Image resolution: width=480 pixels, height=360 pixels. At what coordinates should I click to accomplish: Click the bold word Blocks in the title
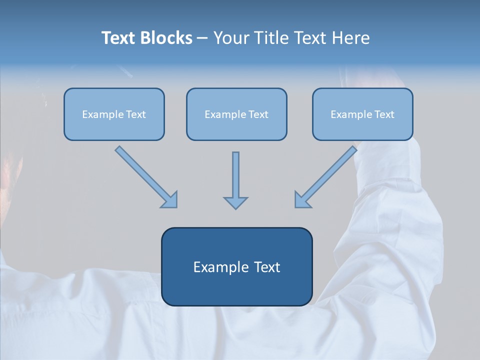pyautogui.click(x=166, y=38)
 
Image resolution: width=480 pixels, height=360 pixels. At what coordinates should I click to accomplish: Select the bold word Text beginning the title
pyautogui.click(x=119, y=38)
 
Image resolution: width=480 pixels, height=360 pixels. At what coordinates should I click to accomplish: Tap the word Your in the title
pyautogui.click(x=230, y=38)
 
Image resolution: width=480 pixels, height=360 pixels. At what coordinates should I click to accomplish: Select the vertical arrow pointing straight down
pyautogui.click(x=235, y=177)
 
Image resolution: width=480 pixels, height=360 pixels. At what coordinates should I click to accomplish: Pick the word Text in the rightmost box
pyautogui.click(x=384, y=114)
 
